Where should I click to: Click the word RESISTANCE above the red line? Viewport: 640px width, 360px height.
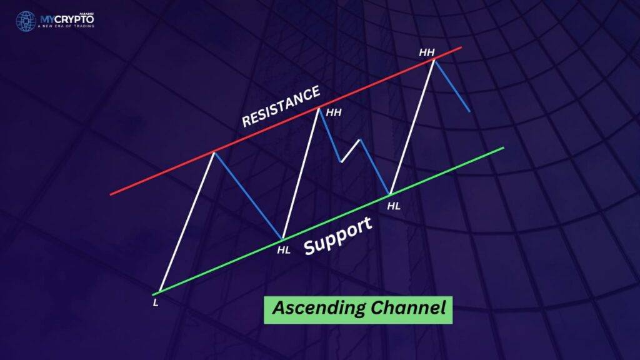click(281, 106)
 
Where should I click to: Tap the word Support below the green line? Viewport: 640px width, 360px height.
click(338, 236)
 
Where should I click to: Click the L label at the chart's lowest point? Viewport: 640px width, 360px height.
click(156, 303)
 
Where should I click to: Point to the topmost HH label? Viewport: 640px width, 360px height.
click(427, 52)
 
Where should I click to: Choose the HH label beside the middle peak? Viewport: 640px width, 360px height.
click(334, 112)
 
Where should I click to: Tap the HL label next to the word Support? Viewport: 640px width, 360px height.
click(284, 250)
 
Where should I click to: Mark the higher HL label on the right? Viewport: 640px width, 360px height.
click(394, 206)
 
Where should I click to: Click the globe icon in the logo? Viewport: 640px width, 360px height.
click(26, 21)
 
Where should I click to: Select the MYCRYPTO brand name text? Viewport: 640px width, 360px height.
click(67, 19)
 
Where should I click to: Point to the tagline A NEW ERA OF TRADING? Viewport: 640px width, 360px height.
click(66, 26)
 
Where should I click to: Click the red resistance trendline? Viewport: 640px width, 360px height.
click(286, 121)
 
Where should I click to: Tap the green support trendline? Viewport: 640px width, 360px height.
click(328, 221)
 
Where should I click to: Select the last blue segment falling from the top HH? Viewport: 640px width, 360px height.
click(452, 86)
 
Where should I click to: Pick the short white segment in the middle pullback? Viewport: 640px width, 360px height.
click(350, 151)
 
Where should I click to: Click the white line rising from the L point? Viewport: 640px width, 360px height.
click(186, 222)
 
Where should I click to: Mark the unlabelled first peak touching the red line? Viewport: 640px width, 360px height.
click(214, 152)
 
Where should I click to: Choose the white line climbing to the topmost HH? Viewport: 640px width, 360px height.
click(412, 126)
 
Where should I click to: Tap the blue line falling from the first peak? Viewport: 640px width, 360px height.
click(248, 196)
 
